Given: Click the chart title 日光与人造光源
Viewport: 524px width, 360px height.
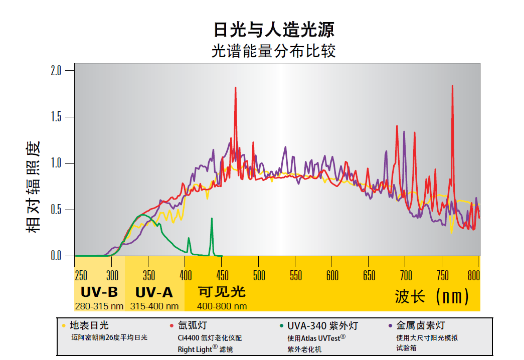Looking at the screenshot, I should pos(274,30).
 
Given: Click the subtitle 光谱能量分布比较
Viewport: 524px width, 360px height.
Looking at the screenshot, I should pos(274,51).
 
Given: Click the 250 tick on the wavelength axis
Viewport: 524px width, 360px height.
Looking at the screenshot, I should pos(81,275).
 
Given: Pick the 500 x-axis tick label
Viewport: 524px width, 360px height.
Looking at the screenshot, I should pos(259,275).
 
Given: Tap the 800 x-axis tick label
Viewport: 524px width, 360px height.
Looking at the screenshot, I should pos(473,275).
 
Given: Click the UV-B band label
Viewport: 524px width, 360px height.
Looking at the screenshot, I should pos(99,292).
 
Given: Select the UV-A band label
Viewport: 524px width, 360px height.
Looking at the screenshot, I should pos(154,292).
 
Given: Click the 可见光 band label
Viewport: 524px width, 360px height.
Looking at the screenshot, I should pos(222,292).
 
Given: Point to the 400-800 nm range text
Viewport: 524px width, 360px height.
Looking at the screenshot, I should pos(222,306).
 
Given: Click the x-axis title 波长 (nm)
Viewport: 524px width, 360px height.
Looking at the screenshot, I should pos(432,296).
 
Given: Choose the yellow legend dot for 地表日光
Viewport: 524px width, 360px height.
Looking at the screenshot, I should pos(64,326).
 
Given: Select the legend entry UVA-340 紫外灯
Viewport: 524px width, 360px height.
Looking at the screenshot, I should pos(322,326).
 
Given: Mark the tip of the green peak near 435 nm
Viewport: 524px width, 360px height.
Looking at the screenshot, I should pos(212,218).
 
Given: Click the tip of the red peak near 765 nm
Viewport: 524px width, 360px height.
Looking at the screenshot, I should pos(452,86).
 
